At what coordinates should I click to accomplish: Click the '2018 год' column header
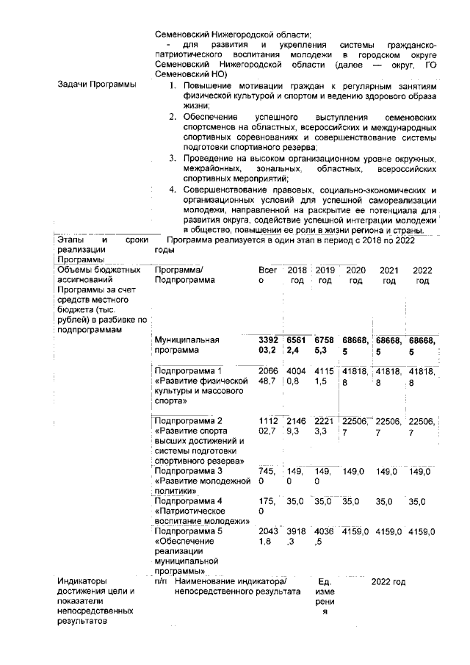(x=297, y=276)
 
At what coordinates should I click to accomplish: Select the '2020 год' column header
(x=356, y=276)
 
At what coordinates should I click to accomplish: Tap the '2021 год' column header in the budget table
(x=389, y=276)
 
